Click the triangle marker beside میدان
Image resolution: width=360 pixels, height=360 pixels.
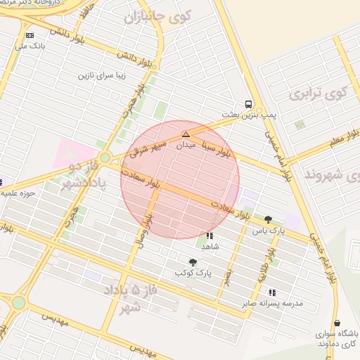click(x=186, y=134)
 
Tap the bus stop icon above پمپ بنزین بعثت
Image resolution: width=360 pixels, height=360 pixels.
click(x=250, y=103)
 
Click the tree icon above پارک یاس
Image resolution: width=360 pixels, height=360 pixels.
click(x=268, y=219)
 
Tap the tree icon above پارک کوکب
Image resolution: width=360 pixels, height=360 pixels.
click(x=193, y=262)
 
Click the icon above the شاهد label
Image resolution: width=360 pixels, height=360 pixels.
click(x=210, y=236)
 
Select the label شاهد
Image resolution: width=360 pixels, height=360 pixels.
click(x=210, y=247)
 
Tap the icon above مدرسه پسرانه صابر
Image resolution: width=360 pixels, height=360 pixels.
click(x=272, y=292)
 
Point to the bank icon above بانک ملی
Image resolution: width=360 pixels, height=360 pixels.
click(x=30, y=35)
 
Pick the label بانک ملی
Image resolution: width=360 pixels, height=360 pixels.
click(x=30, y=46)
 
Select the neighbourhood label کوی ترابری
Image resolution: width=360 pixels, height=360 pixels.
click(x=319, y=93)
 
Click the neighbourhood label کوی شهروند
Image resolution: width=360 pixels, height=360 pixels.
click(x=329, y=174)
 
